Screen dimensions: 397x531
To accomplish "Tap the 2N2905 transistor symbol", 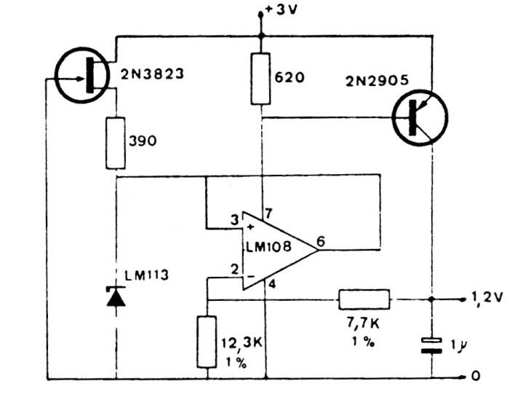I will pyautogui.click(x=420, y=117).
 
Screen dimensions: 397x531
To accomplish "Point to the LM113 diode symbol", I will pyautogui.click(x=116, y=296).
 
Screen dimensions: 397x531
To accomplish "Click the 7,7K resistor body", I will pyautogui.click(x=364, y=299).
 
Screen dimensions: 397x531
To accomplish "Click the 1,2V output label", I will pyautogui.click(x=488, y=299).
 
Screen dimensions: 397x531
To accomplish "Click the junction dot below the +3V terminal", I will pyautogui.click(x=260, y=35).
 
